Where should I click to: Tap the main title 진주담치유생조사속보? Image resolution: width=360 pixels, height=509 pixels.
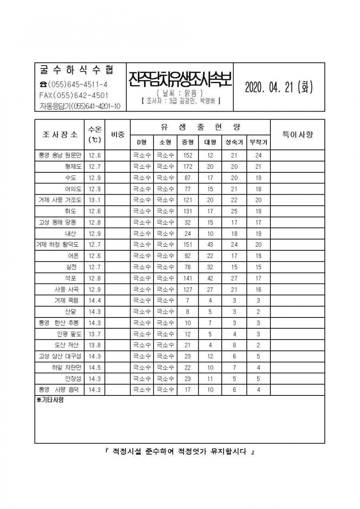pyautogui.click(x=180, y=80)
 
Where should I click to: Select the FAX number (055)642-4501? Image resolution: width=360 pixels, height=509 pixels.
pyautogui.click(x=74, y=95)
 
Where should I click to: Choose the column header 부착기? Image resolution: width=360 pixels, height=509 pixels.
pyautogui.click(x=258, y=142)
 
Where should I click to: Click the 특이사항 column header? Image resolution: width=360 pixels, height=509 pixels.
pyautogui.click(x=298, y=134)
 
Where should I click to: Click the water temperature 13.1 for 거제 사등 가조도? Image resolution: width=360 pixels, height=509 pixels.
pyautogui.click(x=94, y=200)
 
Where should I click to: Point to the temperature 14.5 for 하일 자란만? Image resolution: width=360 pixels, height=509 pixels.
pyautogui.click(x=94, y=367)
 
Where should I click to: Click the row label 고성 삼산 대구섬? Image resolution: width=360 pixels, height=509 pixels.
pyautogui.click(x=60, y=356)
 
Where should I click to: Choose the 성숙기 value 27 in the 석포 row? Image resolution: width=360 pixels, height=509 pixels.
pyautogui.click(x=234, y=278)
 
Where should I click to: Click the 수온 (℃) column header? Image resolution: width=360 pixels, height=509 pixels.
pyautogui.click(x=94, y=134)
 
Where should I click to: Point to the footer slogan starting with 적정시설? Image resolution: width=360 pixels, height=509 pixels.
pyautogui.click(x=180, y=452)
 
